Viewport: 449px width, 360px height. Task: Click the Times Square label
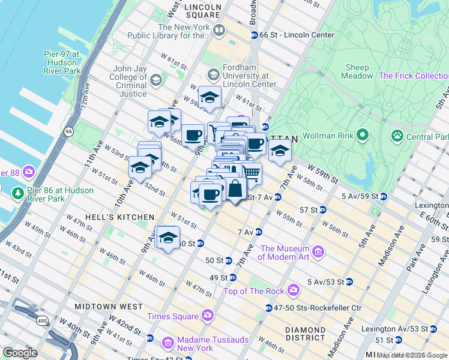(173, 316)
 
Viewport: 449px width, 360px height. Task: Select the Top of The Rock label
(253, 291)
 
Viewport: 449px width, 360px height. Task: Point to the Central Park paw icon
(397, 136)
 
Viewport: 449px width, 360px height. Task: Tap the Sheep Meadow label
(357, 71)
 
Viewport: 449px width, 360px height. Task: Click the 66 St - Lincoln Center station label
(297, 35)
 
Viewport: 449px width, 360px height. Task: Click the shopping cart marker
(252, 173)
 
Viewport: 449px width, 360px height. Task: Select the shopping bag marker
(235, 188)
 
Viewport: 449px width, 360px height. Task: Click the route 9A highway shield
(68, 130)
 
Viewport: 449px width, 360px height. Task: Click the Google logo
(20, 353)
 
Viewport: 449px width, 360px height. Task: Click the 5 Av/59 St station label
(360, 196)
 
